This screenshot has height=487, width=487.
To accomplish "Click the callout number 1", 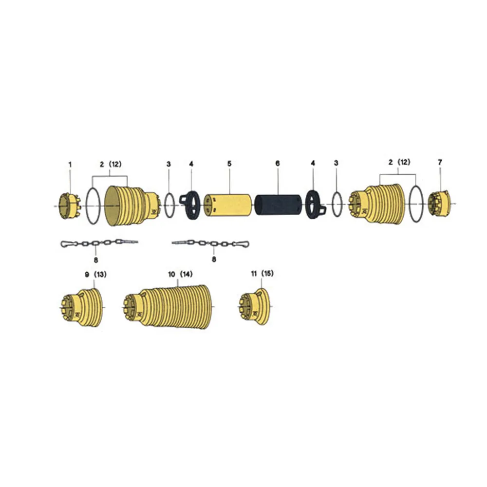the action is [70, 164].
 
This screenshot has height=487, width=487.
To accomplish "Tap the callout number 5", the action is [229, 164].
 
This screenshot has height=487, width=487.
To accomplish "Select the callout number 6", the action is [278, 163].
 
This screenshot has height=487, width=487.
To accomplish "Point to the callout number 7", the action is [440, 162].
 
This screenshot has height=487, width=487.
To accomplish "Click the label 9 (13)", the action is [95, 275].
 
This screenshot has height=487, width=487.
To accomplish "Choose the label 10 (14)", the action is [181, 274].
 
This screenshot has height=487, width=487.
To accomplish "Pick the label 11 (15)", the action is [262, 274].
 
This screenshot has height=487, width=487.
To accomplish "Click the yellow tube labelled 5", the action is [227, 205].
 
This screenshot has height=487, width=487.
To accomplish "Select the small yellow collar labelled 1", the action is [70, 206].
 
